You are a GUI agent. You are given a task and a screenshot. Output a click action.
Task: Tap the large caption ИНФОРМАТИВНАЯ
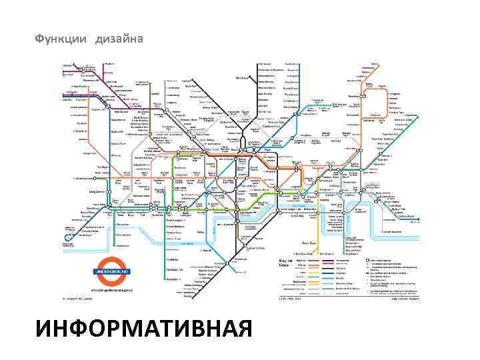tap(145, 329)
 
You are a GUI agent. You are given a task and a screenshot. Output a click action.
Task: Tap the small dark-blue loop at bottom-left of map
tap(69, 234)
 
